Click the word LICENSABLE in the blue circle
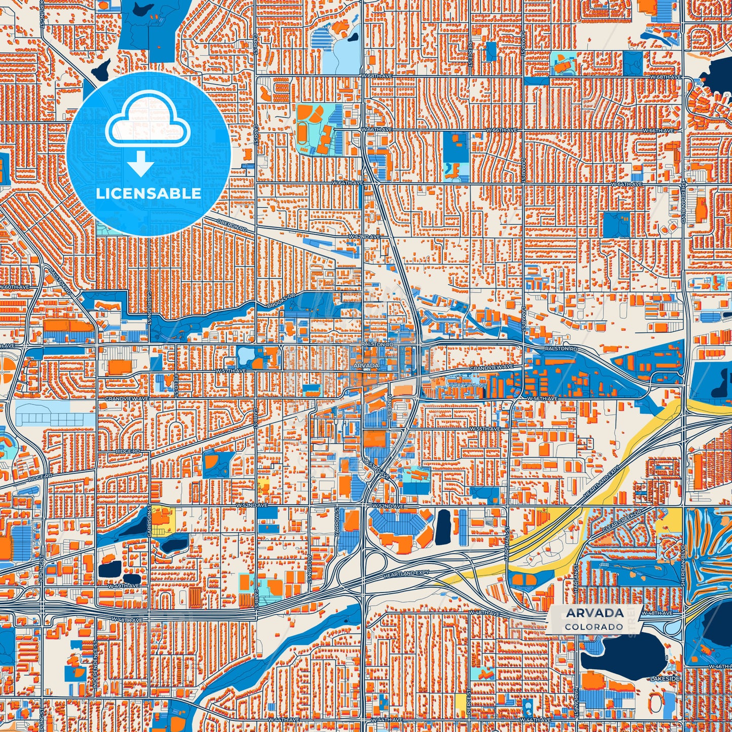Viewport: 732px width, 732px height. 148,194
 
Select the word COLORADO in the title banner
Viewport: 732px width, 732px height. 595,627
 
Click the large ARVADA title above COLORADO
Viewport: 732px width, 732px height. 595,613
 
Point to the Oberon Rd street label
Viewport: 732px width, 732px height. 231,226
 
